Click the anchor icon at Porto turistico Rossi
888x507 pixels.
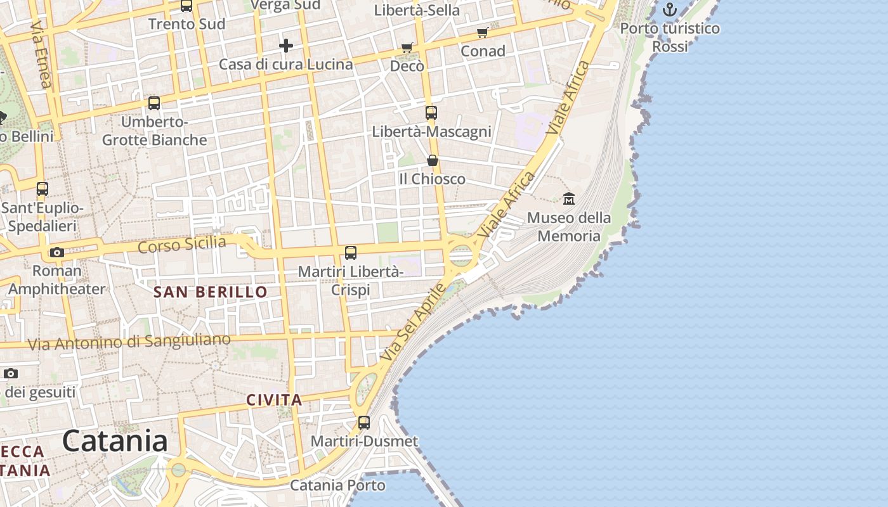pyautogui.click(x=670, y=10)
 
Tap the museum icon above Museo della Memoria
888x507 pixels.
pyautogui.click(x=569, y=198)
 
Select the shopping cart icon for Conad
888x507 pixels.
pyautogui.click(x=483, y=32)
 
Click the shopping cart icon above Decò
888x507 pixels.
pyautogui.click(x=407, y=48)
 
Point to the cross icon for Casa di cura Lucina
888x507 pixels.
pyautogui.click(x=286, y=46)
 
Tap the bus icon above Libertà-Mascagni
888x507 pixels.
pyautogui.click(x=431, y=113)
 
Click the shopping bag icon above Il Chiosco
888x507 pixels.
pyautogui.click(x=432, y=160)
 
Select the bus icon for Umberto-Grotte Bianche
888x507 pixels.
pyautogui.click(x=154, y=103)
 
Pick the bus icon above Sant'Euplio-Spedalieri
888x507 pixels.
pyautogui.click(x=42, y=189)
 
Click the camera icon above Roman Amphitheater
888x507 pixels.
pyautogui.click(x=56, y=252)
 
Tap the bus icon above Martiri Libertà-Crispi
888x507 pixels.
pyautogui.click(x=351, y=253)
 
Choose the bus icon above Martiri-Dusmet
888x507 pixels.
pyautogui.click(x=364, y=422)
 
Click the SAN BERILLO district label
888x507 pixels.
pyautogui.click(x=211, y=292)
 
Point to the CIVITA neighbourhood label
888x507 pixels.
pyautogui.click(x=274, y=401)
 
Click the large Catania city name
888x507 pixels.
pyautogui.click(x=115, y=440)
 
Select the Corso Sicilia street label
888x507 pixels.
pyautogui.click(x=182, y=245)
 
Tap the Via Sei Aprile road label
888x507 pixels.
pyautogui.click(x=414, y=323)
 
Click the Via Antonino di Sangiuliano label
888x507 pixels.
pyautogui.click(x=129, y=342)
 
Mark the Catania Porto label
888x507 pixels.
pyautogui.click(x=337, y=485)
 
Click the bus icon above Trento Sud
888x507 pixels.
pyautogui.click(x=186, y=6)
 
